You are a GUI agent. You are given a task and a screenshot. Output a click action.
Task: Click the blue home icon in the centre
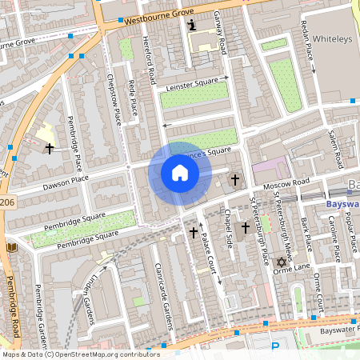[180, 173]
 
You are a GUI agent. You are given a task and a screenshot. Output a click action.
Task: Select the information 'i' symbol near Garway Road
[191, 26]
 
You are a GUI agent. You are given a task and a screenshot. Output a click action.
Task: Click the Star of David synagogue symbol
[281, 262]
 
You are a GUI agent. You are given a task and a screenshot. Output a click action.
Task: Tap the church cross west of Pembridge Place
[50, 149]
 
